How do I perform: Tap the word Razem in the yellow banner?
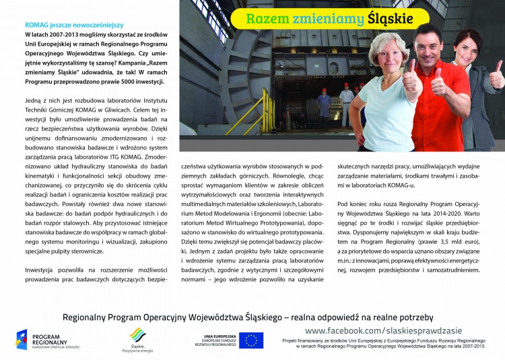(268, 19)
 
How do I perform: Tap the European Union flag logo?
(251, 340)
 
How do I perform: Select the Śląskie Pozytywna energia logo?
(137, 340)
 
